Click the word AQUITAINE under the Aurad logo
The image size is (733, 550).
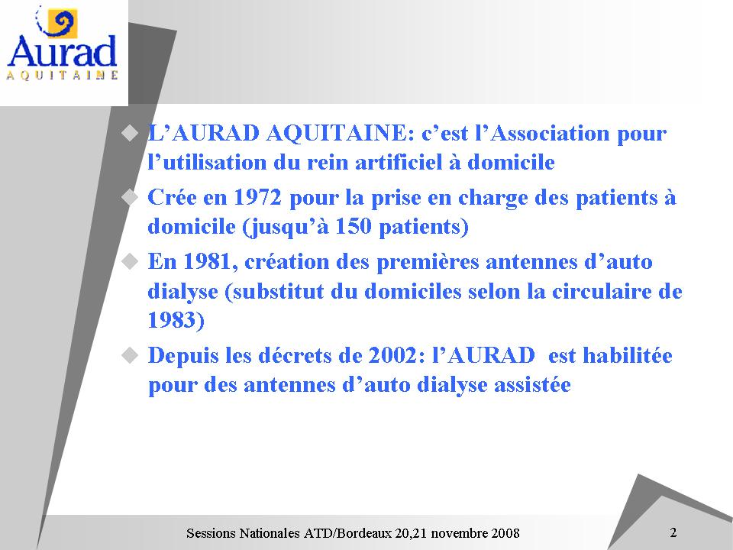pyautogui.click(x=62, y=76)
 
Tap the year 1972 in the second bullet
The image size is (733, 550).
pyautogui.click(x=257, y=197)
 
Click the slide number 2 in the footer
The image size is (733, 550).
pyautogui.click(x=673, y=532)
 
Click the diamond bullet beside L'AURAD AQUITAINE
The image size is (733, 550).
pyautogui.click(x=130, y=133)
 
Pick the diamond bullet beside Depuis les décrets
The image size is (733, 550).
pyautogui.click(x=130, y=355)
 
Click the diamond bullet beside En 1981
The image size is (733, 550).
pyautogui.click(x=130, y=261)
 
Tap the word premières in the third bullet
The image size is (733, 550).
pyautogui.click(x=428, y=262)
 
